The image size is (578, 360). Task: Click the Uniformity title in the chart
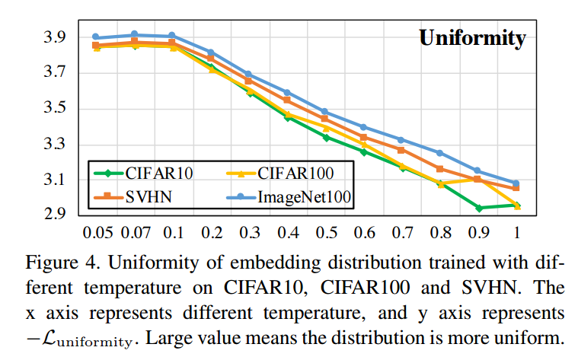coord(472,38)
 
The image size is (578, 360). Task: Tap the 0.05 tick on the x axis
coord(96,229)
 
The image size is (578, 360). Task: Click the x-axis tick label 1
coord(516,229)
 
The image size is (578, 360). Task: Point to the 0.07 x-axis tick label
coord(134,229)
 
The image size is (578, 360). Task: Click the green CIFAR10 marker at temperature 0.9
coord(477,208)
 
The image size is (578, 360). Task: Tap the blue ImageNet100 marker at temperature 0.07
coord(135,34)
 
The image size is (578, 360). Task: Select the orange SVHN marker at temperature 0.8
coord(439,168)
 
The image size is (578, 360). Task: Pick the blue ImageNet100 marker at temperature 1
coord(516,183)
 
